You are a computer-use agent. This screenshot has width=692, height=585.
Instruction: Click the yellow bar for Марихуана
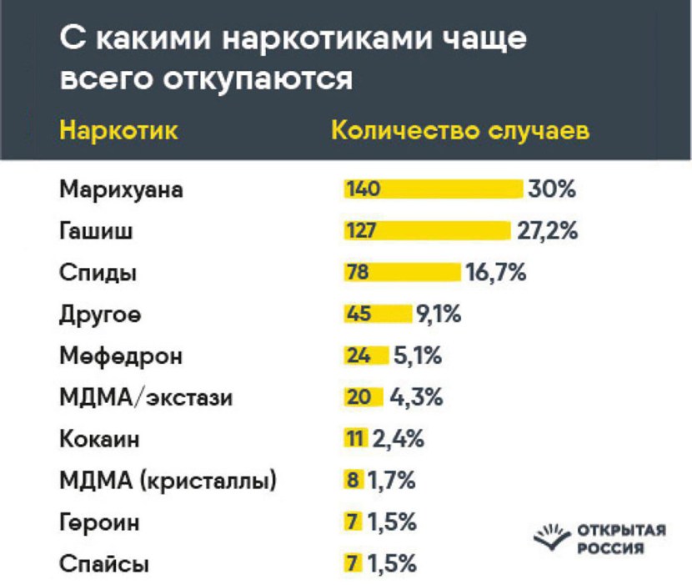click(432, 189)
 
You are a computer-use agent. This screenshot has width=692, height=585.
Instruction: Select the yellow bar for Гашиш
click(426, 230)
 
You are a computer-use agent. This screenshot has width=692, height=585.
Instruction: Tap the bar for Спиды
click(402, 272)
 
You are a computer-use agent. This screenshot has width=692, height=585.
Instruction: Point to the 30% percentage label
click(551, 189)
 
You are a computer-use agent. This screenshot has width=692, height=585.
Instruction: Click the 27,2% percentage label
click(547, 230)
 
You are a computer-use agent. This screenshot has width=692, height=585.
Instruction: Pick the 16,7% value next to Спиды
click(495, 272)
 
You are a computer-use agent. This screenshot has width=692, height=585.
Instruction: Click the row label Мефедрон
click(120, 356)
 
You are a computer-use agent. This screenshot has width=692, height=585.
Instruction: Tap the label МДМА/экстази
click(145, 397)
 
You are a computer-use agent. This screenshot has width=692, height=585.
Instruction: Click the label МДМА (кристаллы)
click(168, 481)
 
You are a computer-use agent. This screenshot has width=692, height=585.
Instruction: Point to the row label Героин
click(99, 523)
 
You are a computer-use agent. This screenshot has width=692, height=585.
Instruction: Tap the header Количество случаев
click(461, 132)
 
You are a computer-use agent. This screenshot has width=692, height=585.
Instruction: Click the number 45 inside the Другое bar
click(359, 314)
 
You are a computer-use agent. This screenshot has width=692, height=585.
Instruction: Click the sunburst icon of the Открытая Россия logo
click(552, 535)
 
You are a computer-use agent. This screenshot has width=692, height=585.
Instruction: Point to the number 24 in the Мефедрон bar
click(358, 356)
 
